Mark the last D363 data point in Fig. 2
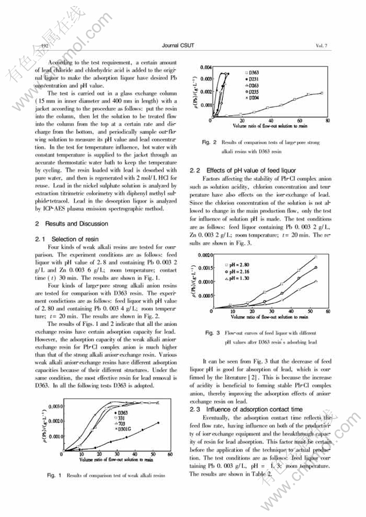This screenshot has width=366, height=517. tap(322, 93)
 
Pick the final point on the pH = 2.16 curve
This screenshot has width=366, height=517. tap(316, 267)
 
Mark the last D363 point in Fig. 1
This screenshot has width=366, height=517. tap(158, 423)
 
